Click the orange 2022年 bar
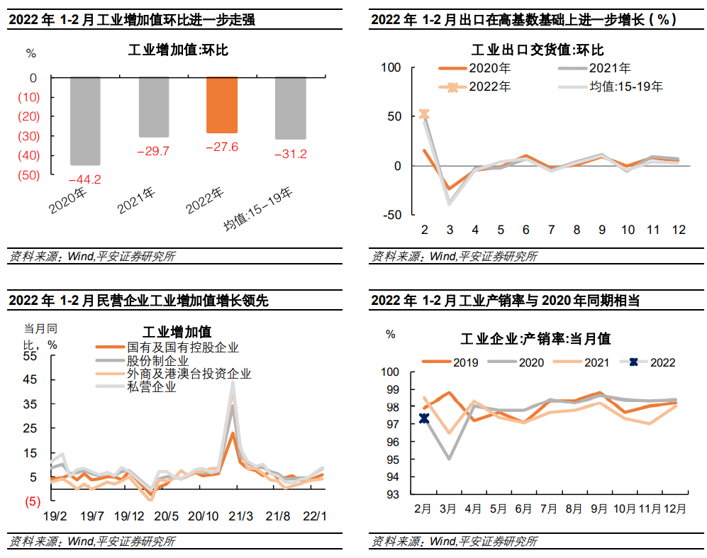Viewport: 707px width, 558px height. (x=221, y=105)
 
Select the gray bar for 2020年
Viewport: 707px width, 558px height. (x=85, y=121)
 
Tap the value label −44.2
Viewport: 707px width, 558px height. (x=85, y=179)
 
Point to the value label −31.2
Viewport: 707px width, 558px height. (x=291, y=154)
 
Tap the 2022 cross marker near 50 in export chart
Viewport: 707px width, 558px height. (x=424, y=114)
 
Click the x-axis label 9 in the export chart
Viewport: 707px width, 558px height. (x=602, y=230)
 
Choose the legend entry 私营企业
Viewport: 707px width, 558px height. (x=151, y=387)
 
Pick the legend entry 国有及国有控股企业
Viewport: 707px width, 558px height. (x=182, y=347)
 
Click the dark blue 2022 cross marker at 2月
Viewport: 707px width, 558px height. (x=424, y=418)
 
